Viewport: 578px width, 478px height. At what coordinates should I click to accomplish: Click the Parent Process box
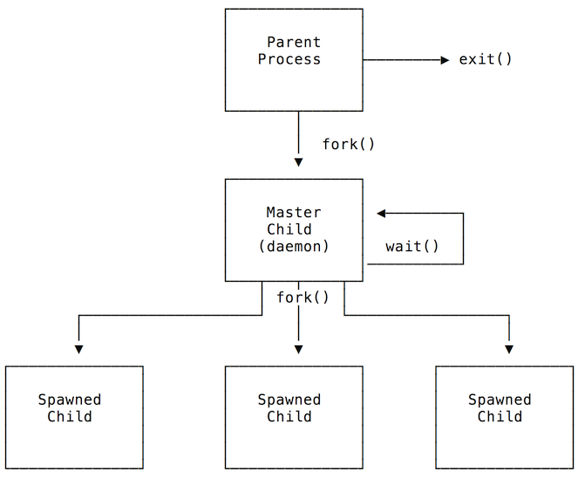pyautogui.click(x=294, y=59)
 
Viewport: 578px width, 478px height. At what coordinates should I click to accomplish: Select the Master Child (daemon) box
pyautogui.click(x=294, y=230)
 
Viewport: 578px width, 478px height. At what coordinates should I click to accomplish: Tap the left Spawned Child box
pyautogui.click(x=74, y=417)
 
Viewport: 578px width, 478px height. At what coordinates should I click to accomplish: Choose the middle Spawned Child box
pyautogui.click(x=294, y=417)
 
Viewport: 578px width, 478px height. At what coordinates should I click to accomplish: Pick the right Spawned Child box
pyautogui.click(x=504, y=417)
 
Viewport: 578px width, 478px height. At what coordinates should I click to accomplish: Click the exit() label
pyautogui.click(x=486, y=60)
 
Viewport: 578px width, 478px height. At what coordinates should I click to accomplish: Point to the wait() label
pyautogui.click(x=411, y=247)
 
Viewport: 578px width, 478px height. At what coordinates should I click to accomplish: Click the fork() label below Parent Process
pyautogui.click(x=349, y=144)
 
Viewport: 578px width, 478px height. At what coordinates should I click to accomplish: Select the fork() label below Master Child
pyautogui.click(x=303, y=297)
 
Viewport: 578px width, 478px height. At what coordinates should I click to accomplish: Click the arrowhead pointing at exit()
pyautogui.click(x=443, y=60)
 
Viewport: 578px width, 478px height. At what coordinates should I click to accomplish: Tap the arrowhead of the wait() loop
pyautogui.click(x=382, y=213)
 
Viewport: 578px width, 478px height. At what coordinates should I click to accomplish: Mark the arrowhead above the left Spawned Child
pyautogui.click(x=78, y=349)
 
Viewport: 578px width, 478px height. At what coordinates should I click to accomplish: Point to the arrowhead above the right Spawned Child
pyautogui.click(x=509, y=349)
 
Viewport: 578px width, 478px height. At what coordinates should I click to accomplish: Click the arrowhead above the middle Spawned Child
pyautogui.click(x=298, y=349)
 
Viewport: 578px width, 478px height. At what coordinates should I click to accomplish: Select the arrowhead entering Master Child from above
pyautogui.click(x=298, y=161)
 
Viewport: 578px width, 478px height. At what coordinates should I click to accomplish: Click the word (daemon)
pyautogui.click(x=294, y=247)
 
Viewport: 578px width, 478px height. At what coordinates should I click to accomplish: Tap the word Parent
pyautogui.click(x=294, y=42)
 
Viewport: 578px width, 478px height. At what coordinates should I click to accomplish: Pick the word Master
pyautogui.click(x=294, y=212)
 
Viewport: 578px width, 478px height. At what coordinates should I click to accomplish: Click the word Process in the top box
pyautogui.click(x=289, y=59)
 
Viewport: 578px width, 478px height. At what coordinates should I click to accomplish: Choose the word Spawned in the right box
pyautogui.click(x=500, y=399)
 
